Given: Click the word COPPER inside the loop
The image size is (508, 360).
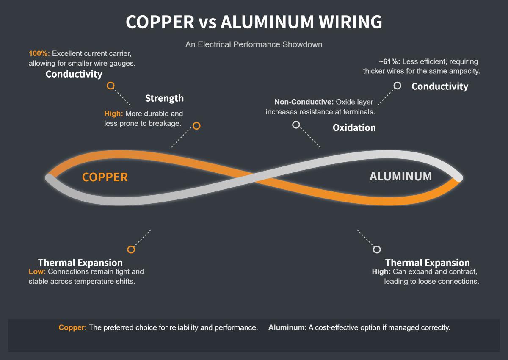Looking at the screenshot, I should point(105,177).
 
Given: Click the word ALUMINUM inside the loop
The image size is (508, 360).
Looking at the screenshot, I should point(400,176).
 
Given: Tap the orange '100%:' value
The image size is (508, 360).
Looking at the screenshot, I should point(39,54).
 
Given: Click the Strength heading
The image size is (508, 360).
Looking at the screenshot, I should point(164,98).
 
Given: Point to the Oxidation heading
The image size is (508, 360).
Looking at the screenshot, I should point(354,127).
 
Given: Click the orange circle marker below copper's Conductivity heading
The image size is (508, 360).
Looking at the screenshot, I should point(111,86).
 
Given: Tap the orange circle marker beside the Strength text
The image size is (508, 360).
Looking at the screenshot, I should point(196,126).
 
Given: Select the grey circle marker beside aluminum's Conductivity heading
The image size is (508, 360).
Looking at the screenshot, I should point(397,86).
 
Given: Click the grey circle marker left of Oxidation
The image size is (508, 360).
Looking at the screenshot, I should point(296,125).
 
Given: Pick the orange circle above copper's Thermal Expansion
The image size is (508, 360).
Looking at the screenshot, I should point(131,249).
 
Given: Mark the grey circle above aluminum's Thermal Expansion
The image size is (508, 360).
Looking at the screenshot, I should point(377,249).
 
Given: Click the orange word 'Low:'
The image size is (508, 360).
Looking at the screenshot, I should point(37,271).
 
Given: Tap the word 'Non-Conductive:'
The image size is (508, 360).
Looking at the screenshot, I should point(304,102).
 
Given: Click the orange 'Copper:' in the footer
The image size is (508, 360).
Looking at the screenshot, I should point(73,327).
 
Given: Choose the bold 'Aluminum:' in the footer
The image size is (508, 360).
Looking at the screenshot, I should point(287,327).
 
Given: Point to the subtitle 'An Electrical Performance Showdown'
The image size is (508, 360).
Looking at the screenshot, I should point(254,44).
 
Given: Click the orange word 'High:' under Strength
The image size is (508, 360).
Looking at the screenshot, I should point(113,114).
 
